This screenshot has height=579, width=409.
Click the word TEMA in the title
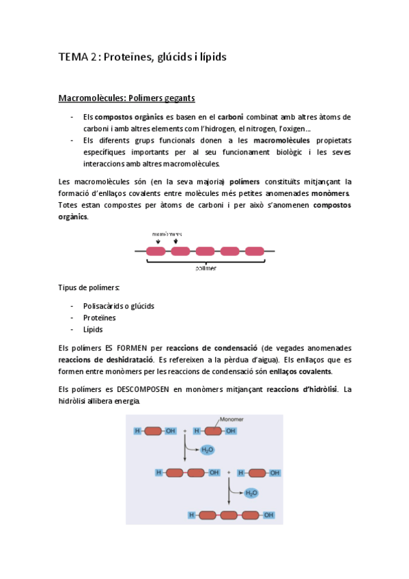click(70, 57)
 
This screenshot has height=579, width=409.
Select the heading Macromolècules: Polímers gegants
click(127, 98)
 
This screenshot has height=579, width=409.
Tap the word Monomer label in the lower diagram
click(232, 421)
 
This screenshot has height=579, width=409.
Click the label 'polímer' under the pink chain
click(206, 268)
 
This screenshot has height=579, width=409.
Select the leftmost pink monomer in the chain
click(156, 251)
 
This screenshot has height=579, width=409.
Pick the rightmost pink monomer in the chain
click(254, 251)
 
